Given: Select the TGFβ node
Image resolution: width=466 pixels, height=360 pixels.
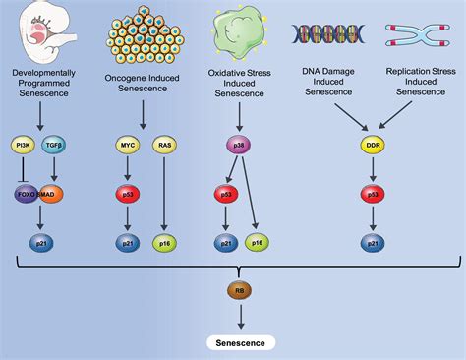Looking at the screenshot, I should [x=54, y=147].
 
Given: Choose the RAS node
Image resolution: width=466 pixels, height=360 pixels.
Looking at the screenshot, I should [x=164, y=147].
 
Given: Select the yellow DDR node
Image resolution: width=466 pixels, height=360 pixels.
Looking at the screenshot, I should [x=373, y=147].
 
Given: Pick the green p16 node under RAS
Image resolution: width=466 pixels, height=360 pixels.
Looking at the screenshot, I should [x=164, y=241].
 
